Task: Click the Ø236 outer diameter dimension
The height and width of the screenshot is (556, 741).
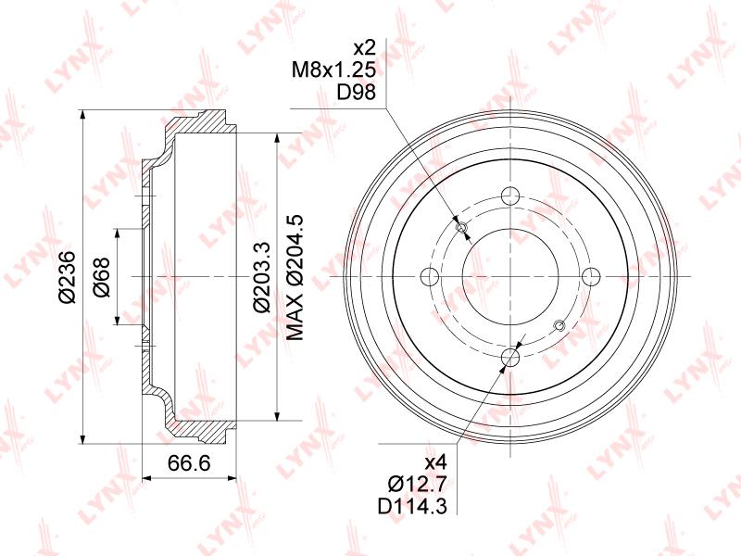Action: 68,276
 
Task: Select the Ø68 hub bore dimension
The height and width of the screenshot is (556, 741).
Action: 102,277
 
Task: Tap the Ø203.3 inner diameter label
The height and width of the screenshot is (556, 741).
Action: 261,276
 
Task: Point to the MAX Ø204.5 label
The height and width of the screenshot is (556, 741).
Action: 295,277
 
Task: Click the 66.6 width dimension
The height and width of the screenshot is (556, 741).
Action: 189,463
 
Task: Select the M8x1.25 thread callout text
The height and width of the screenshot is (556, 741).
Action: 333,70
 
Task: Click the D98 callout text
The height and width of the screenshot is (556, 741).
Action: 357,92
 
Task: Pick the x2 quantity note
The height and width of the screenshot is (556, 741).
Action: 364,48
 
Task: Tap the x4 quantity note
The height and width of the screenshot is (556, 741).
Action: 435,461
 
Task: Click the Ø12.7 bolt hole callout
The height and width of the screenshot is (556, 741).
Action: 417,484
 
